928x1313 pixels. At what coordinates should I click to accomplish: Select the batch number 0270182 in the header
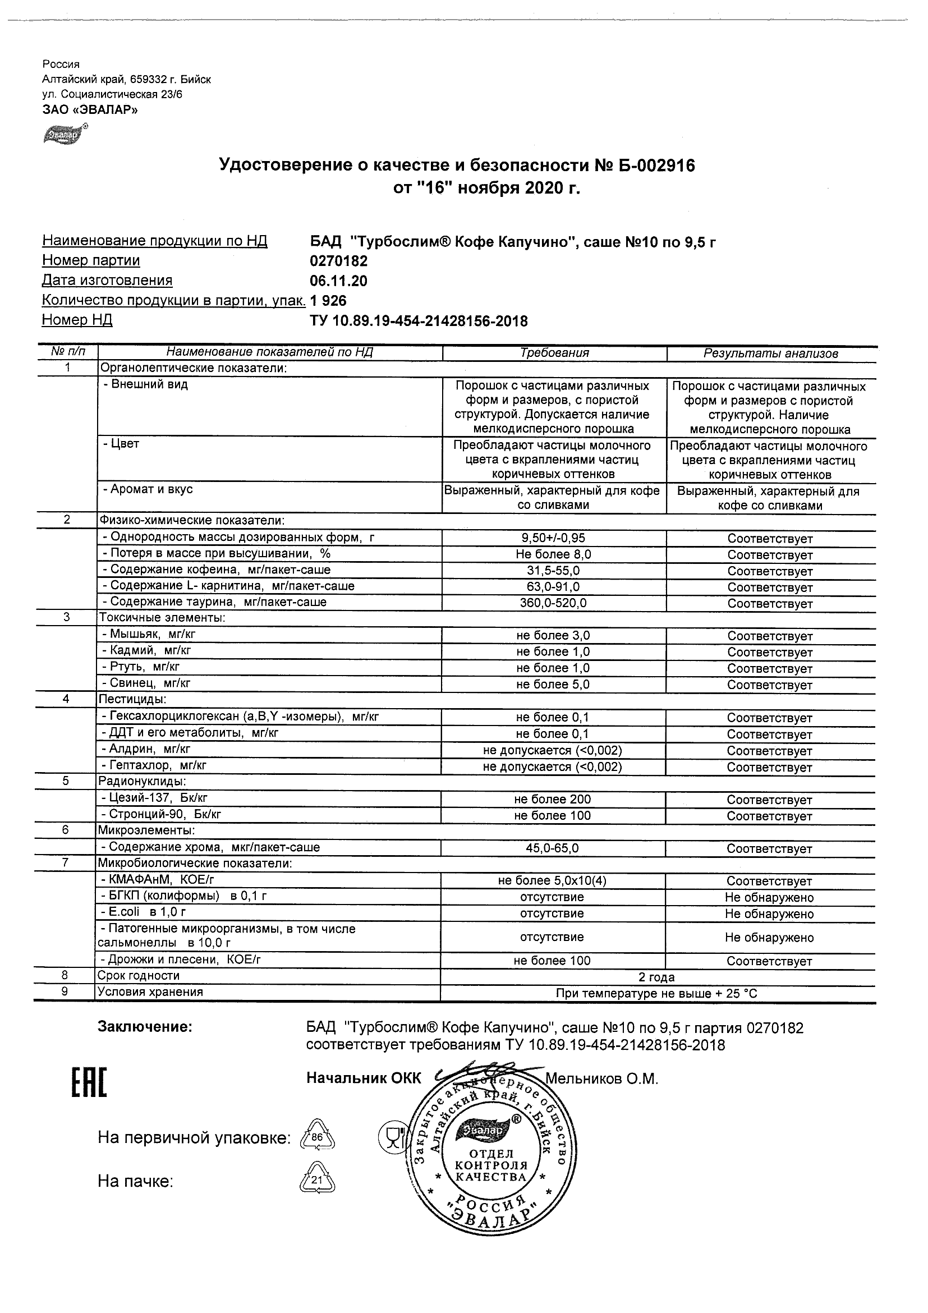pyautogui.click(x=338, y=261)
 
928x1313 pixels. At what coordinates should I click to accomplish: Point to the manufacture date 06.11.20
pyautogui.click(x=338, y=281)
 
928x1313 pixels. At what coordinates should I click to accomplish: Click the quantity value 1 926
pyautogui.click(x=328, y=301)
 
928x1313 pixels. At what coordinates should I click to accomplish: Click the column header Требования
pyautogui.click(x=554, y=353)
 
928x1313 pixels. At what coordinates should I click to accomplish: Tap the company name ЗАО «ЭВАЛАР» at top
pyautogui.click(x=90, y=110)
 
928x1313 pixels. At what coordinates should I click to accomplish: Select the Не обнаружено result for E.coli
pyautogui.click(x=769, y=914)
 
